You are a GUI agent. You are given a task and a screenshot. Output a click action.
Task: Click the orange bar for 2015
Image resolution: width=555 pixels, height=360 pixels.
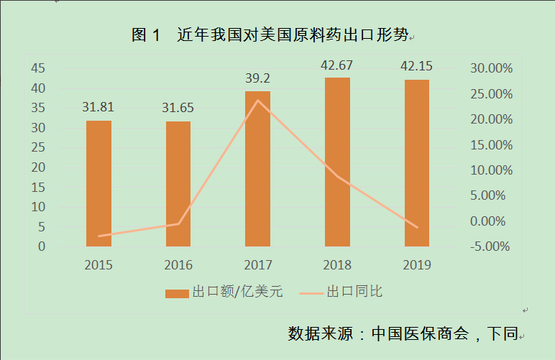pos(98,183)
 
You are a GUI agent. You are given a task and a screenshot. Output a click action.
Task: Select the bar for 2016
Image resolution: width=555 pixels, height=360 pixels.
pos(178,184)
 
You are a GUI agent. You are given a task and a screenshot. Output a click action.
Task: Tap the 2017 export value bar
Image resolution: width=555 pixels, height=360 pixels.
pos(257,169)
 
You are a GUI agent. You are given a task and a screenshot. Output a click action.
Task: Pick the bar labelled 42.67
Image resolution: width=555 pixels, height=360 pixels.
pos(337,162)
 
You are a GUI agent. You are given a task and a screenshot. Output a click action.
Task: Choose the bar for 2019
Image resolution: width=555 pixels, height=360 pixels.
pos(416,163)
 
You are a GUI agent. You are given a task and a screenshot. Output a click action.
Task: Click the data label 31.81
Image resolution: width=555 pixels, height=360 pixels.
pos(98,108)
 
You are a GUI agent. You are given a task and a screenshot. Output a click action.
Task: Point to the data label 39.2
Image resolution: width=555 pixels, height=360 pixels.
pos(257,78)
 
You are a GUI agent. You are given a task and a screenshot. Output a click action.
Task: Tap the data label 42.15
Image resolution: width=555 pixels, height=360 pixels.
pos(416,66)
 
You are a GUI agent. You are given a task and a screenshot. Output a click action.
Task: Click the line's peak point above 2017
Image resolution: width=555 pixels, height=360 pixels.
pos(257,100)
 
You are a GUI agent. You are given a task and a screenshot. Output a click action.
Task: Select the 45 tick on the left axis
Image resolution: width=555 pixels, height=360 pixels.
pos(38,68)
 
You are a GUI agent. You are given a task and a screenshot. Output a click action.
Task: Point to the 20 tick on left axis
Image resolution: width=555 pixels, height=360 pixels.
pos(38,167)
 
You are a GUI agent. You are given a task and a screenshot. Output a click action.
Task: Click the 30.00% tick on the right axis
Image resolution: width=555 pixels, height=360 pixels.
pos(490,68)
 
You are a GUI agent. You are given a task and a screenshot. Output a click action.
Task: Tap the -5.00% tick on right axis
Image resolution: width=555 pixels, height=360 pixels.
pos(490,246)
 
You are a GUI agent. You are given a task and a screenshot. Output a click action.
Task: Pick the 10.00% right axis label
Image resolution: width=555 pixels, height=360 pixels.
pos(490,170)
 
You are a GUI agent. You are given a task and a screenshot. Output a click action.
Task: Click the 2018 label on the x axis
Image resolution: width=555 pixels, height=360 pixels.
pos(337,265)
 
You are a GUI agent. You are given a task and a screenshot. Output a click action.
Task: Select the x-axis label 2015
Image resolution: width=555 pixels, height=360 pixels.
pos(98,265)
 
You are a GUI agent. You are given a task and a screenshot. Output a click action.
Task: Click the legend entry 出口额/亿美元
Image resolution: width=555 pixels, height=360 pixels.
pos(224,292)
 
